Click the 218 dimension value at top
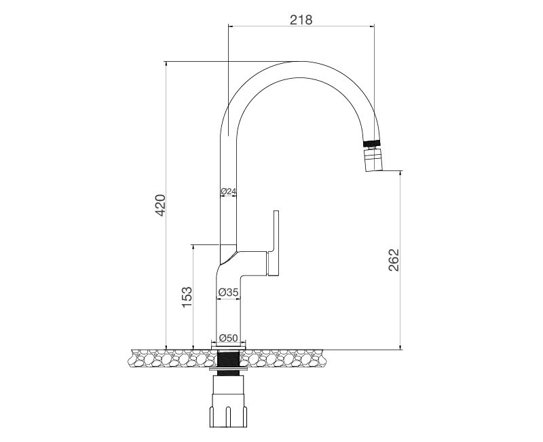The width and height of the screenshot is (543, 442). (x=301, y=20)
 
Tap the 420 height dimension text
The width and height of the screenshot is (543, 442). (x=160, y=205)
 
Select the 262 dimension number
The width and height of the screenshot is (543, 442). (x=394, y=260)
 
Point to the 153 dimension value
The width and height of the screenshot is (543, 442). (x=187, y=298)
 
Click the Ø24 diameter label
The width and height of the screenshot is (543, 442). (x=229, y=192)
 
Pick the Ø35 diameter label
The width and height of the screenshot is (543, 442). (x=228, y=293)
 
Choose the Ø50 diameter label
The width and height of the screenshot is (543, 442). (x=228, y=338)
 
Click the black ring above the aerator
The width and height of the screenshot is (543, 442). (x=371, y=144)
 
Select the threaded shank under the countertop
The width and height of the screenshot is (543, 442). (x=228, y=360)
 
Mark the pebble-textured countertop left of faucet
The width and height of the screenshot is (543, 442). (x=170, y=357)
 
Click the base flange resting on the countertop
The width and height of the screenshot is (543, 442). (x=228, y=347)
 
